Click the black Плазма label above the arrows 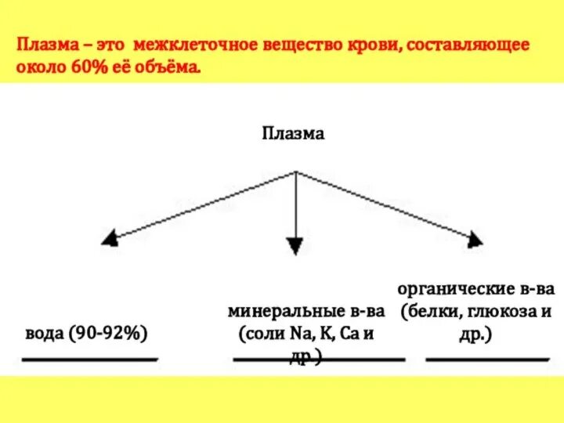292,133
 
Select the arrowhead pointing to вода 110,238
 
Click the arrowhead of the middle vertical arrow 295,247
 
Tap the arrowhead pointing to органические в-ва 475,237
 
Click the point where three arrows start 295,172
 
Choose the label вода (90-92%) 87,332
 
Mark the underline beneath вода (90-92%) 89,360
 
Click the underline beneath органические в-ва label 487,360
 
